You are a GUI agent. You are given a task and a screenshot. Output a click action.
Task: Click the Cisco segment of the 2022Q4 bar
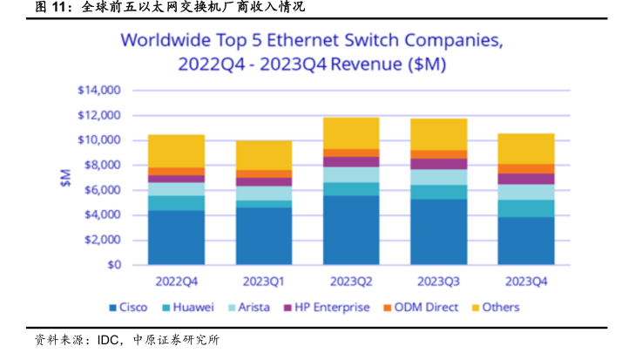(176, 237)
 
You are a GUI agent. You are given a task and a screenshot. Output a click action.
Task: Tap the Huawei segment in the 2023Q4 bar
(525, 207)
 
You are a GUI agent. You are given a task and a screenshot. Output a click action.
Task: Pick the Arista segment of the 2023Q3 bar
(437, 177)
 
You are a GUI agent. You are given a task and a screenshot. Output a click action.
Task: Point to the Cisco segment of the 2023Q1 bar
(263, 235)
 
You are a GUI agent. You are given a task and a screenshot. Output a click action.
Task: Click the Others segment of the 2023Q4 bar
(525, 148)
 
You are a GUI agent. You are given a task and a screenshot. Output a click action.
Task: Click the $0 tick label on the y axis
(113, 265)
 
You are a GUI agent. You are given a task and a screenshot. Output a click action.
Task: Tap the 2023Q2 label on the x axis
(350, 282)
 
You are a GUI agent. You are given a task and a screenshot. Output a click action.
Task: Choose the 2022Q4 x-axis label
(176, 282)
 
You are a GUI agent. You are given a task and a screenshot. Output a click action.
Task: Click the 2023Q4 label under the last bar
(525, 282)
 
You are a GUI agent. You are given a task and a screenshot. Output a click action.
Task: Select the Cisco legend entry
(127, 308)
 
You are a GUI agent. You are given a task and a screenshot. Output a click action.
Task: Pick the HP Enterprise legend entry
(327, 308)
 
